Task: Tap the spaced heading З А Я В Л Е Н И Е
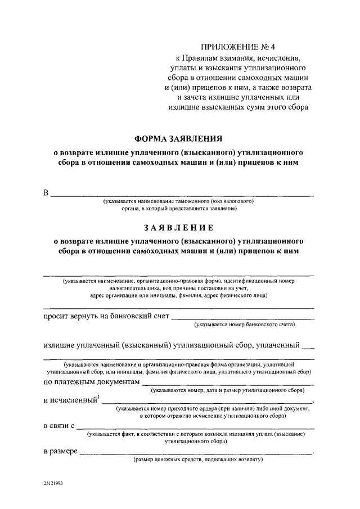pos(178,228)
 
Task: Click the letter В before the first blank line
pos(47,193)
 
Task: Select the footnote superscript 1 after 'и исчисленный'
pos(98,398)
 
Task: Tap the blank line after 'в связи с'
pos(196,428)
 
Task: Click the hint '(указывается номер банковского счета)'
pos(245,325)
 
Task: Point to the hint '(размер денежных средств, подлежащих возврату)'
pos(199,460)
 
